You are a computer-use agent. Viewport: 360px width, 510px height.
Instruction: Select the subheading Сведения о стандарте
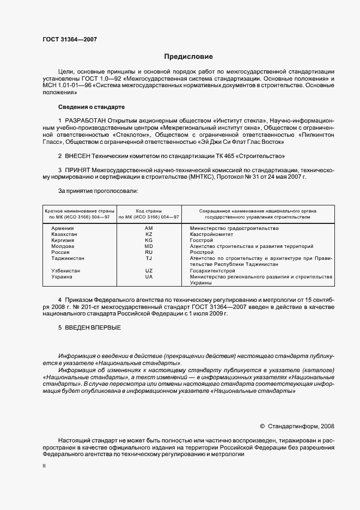pos(91,106)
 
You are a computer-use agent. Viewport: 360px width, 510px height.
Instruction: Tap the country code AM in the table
pos(149,228)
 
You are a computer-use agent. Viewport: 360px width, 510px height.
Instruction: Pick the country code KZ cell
pos(149,234)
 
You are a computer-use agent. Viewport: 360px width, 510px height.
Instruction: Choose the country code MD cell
pos(149,246)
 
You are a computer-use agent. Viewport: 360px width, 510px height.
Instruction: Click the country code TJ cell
pos(149,258)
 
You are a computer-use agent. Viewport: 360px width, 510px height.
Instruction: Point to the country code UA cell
pos(149,277)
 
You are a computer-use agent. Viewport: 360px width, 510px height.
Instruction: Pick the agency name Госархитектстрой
pos(212,271)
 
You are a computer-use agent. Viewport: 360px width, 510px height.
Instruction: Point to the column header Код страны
pos(149,210)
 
